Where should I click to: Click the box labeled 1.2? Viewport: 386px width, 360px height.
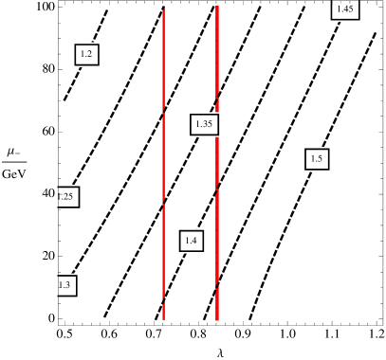(x=86, y=55)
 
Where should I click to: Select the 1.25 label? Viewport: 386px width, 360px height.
(x=67, y=197)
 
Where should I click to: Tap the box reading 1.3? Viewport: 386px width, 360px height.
(x=65, y=285)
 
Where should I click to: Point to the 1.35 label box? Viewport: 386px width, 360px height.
(x=204, y=124)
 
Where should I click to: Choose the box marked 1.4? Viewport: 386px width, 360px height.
(x=191, y=241)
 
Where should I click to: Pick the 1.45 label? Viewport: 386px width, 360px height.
(x=345, y=9)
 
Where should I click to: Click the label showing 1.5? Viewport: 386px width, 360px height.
(x=317, y=159)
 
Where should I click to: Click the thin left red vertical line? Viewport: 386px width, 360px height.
(x=163, y=161)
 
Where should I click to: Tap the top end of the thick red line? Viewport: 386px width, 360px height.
(x=217, y=6)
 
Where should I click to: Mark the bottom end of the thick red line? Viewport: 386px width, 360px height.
(x=217, y=319)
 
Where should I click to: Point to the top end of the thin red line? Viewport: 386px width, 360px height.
(x=163, y=9)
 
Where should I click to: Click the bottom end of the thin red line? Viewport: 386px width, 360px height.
(x=163, y=318)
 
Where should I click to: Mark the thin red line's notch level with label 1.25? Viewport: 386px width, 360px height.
(x=163, y=202)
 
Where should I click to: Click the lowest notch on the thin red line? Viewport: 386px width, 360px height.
(x=163, y=299)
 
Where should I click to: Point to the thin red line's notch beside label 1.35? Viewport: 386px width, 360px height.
(x=163, y=111)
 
